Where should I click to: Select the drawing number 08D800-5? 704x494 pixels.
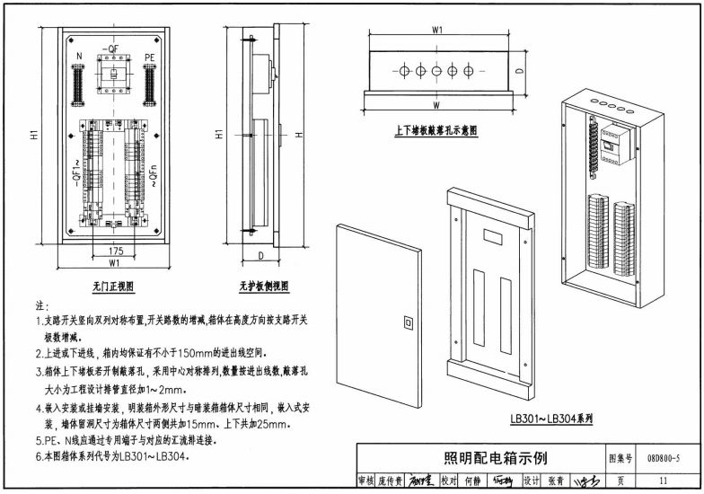[x=663, y=459]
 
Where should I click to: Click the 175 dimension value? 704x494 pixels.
[x=114, y=251]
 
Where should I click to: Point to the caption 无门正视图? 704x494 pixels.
[x=113, y=287]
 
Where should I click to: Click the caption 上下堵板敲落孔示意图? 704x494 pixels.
[x=436, y=130]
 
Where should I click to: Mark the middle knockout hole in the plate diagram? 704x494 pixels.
[x=437, y=69]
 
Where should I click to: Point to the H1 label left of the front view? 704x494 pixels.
[x=33, y=136]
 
